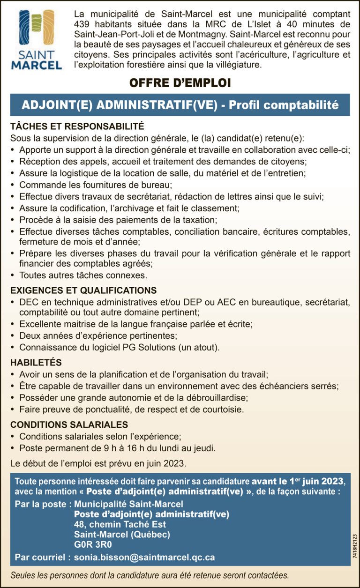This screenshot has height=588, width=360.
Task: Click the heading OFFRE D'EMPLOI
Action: pos(180,83)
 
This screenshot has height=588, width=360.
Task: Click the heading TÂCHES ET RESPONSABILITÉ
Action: pos(77,127)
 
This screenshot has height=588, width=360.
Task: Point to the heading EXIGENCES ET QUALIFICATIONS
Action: pos(83,290)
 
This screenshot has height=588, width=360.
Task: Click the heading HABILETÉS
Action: pos(36,363)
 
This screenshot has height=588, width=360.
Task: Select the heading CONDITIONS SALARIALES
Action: pos(69,425)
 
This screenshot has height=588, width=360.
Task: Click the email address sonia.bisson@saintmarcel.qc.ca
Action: pos(144,557)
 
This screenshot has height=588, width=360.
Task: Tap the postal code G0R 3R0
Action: pos(93,544)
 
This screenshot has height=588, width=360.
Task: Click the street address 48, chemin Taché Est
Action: pos(120,524)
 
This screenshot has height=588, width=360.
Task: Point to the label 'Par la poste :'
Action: pos(43,504)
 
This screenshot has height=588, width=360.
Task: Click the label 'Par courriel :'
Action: pos(43,557)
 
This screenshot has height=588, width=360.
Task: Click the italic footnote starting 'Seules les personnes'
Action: pos(150,575)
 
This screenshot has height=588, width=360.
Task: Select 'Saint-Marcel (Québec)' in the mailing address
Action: pos(122,534)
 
